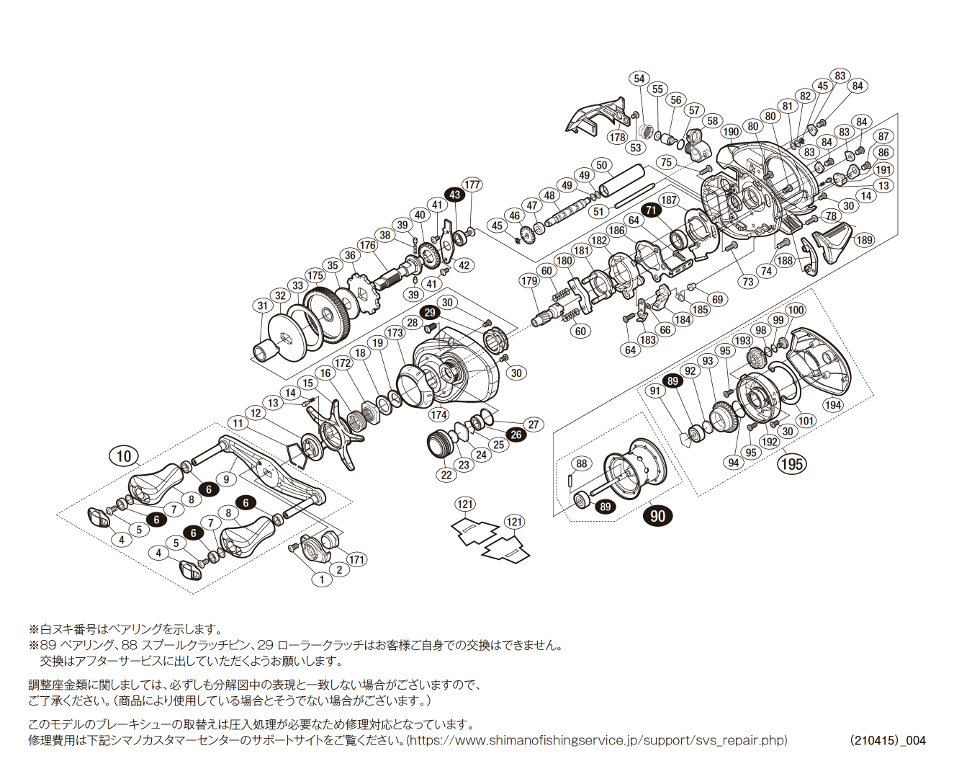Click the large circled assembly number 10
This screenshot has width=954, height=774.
124,455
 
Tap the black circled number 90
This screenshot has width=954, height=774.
658,515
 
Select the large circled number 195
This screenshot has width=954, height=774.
792,463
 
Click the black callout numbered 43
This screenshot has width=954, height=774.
454,195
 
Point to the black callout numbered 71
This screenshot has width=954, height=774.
652,210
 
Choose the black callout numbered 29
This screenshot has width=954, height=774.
430,312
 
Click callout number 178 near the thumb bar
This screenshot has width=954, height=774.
618,137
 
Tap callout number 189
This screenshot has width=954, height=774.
864,240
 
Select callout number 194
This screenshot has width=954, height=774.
833,405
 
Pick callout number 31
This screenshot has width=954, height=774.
263,306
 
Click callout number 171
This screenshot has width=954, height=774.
356,559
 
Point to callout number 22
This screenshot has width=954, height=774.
446,474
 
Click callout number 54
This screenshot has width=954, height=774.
639,79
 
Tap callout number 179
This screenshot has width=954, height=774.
529,280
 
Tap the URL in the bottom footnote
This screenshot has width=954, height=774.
598,740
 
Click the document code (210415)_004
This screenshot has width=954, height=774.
887,740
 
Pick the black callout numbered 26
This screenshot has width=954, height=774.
516,435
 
